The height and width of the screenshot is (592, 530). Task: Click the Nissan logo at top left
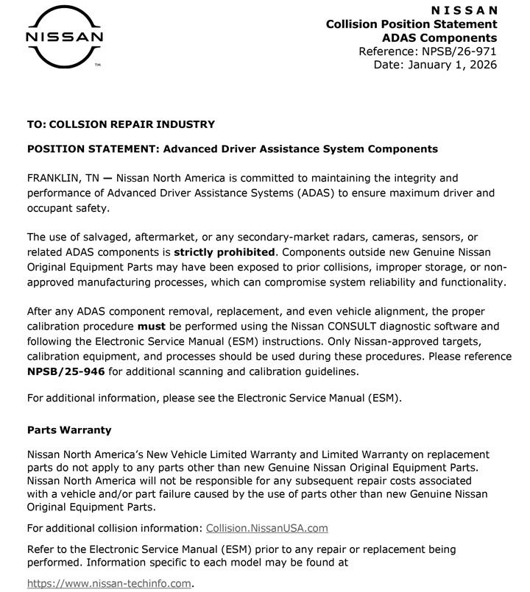pyautogui.click(x=64, y=37)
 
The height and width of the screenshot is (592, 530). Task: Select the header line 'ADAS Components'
pyautogui.click(x=439, y=38)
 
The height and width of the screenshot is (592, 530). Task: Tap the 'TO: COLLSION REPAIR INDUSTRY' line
pyautogui.click(x=121, y=124)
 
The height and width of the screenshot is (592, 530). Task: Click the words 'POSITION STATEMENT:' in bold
pyautogui.click(x=93, y=149)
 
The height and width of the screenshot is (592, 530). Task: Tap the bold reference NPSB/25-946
pyautogui.click(x=67, y=371)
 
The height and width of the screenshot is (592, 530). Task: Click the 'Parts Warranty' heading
pyautogui.click(x=69, y=429)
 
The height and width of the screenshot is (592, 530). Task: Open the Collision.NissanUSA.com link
pyautogui.click(x=266, y=528)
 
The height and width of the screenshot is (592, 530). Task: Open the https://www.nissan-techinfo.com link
pyautogui.click(x=108, y=584)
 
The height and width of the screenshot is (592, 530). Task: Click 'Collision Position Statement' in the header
pyautogui.click(x=411, y=24)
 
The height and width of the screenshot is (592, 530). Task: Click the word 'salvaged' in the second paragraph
pyautogui.click(x=109, y=237)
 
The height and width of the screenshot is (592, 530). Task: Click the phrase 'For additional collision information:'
pyautogui.click(x=114, y=528)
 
